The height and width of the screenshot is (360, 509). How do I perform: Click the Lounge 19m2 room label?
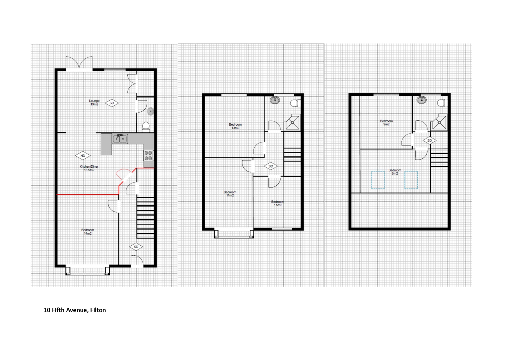coord(94,102)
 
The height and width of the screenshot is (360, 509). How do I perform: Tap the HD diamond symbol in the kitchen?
coord(83,156)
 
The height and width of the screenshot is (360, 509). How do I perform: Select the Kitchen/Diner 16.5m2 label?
coord(89,168)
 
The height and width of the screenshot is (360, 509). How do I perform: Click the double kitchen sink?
coord(120,139)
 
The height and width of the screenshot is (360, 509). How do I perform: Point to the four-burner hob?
coord(148,155)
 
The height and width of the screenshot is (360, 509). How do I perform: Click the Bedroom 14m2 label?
coord(88,231)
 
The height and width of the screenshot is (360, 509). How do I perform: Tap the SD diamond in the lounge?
coord(112,103)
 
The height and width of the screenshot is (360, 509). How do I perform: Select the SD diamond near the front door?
coord(136,247)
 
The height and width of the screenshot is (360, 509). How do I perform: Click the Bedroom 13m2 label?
coord(235,126)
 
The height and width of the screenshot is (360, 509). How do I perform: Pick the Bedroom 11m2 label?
coord(230,194)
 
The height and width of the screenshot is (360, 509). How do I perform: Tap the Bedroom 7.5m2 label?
coord(278,203)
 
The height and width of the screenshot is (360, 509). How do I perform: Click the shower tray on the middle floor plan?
coord(292,123)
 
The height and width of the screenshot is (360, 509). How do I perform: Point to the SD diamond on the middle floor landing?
coord(271,166)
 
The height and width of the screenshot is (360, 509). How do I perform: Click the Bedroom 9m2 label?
coord(386,122)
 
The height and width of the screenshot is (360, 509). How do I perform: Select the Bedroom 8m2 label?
coord(395,172)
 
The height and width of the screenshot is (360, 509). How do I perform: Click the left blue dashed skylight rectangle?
coord(378,180)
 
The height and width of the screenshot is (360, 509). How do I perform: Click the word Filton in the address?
coord(98,310)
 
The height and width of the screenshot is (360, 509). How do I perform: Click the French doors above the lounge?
coord(79,63)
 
